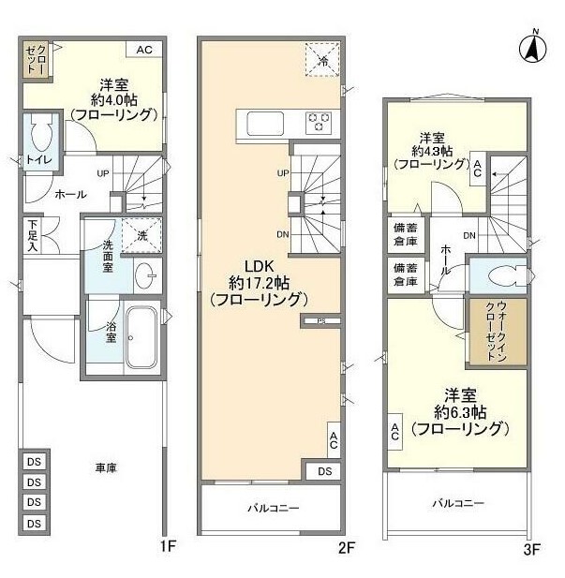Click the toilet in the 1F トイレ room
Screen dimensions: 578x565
coord(40,138)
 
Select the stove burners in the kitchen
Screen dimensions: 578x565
coord(319,122)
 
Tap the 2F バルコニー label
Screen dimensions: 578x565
coord(273,508)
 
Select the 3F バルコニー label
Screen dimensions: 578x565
coord(458,503)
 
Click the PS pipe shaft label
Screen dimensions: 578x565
coord(320,321)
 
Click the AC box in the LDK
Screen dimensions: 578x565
coord(333,438)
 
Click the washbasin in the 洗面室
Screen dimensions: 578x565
coord(145,277)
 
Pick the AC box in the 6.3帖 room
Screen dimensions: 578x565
coord(394,432)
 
